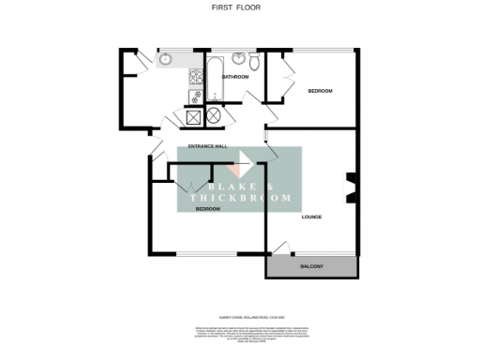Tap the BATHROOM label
coord(235,77)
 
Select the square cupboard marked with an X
coord(194,117)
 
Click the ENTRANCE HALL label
coord(208,147)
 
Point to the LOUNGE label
coord(312,217)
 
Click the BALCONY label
coord(312,268)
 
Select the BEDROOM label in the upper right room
coord(321,91)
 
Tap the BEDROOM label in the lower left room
coord(207,209)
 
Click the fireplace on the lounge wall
coord(351,187)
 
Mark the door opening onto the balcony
coord(279,248)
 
